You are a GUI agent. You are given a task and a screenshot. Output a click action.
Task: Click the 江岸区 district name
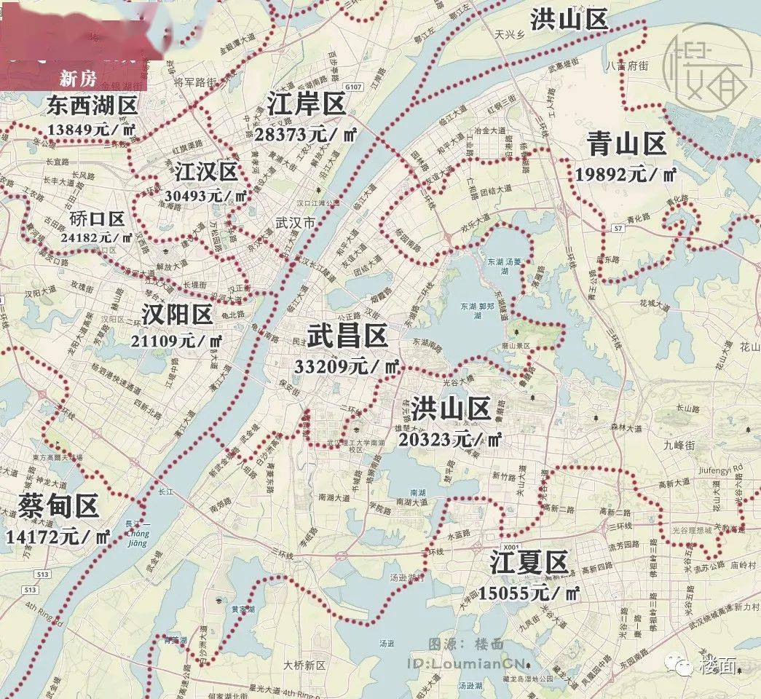pos(307,104)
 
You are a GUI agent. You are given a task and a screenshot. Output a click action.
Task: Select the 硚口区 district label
pos(98,218)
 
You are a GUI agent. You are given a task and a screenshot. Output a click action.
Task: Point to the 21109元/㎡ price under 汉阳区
pos(178,340)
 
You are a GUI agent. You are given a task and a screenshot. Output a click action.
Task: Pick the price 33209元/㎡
pos(347,366)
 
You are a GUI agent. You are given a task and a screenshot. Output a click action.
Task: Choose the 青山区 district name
pos(626,145)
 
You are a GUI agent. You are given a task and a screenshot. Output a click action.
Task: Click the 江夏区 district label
pos(528,563)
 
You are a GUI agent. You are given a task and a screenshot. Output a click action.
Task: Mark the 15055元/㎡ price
pos(529,593)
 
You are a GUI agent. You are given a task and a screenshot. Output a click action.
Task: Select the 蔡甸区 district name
pos(59,505)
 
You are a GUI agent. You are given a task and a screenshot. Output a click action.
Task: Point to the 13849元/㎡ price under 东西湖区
pos(92,130)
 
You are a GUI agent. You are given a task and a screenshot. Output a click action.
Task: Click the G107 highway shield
pos(354,87)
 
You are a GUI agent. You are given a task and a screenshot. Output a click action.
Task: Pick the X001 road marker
pos(511,546)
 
